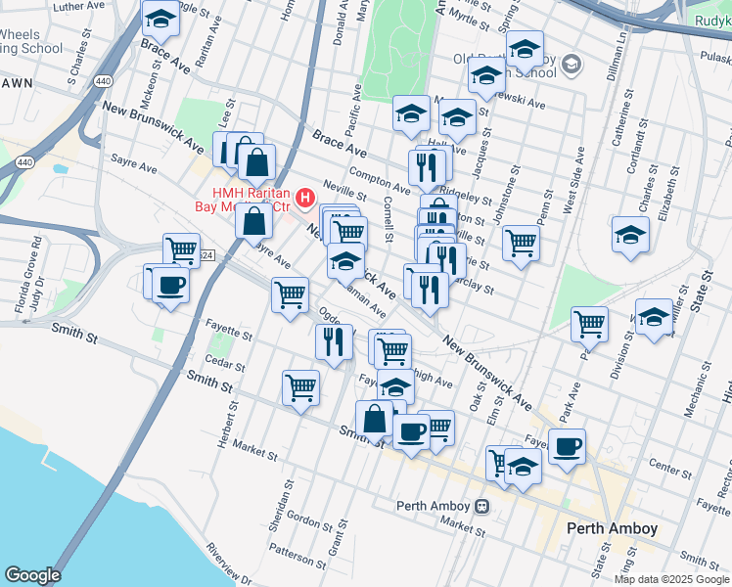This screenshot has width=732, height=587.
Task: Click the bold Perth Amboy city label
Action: (x=612, y=528)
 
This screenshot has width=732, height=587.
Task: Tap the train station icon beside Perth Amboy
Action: (x=481, y=507)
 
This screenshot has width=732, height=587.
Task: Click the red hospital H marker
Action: (x=305, y=200)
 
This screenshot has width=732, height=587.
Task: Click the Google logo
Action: (x=32, y=575)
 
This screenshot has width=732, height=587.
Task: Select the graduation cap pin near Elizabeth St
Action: (x=631, y=236)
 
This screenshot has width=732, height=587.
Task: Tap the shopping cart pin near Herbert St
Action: (x=300, y=386)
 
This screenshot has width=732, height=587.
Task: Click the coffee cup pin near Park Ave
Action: (x=567, y=447)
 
